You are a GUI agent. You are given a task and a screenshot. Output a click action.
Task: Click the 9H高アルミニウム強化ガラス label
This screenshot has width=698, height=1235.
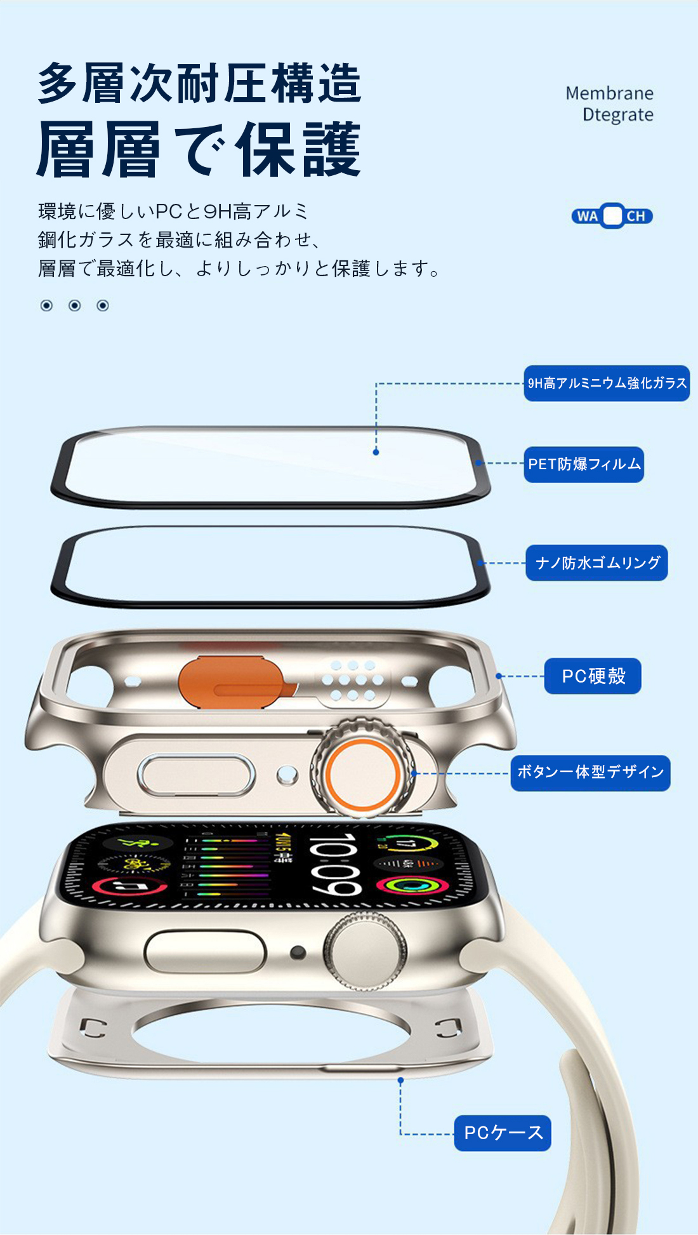[607, 383]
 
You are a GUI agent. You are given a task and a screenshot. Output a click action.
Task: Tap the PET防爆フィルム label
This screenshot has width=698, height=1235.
[584, 464]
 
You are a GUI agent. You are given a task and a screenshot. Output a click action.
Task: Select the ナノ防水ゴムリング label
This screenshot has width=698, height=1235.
[596, 563]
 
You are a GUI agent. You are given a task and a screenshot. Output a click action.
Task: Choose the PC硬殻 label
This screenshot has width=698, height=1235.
[593, 676]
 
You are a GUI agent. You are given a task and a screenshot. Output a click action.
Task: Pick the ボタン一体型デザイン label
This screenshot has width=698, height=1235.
[590, 773]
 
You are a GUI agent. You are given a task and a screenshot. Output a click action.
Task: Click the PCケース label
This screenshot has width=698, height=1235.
[503, 1133]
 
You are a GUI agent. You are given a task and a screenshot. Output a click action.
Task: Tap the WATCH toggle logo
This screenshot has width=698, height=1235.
[612, 216]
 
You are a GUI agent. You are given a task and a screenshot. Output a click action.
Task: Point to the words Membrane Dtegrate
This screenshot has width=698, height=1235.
[610, 104]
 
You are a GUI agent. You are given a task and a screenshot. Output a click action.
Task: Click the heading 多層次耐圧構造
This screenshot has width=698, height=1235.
[199, 83]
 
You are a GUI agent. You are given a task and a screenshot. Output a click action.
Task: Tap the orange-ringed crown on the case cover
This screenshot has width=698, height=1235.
[362, 773]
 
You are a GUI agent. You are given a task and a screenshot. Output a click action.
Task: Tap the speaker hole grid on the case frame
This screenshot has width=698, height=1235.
[353, 680]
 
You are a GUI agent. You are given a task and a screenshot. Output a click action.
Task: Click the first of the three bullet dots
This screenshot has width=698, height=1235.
[46, 305]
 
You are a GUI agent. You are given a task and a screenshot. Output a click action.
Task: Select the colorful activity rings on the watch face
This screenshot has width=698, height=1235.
[412, 885]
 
